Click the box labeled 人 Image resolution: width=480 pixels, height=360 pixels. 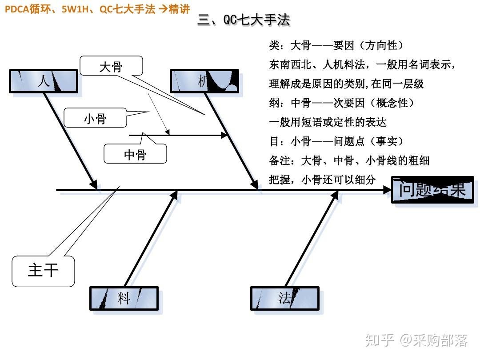pyautogui.click(x=44, y=81)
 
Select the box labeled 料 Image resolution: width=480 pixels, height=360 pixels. pyautogui.click(x=124, y=298)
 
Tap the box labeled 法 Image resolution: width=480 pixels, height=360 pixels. pyautogui.click(x=285, y=298)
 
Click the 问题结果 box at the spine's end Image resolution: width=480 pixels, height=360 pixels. pyautogui.click(x=432, y=190)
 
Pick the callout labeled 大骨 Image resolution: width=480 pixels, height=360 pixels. pyautogui.click(x=111, y=67)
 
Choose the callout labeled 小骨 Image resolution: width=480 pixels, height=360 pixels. pyautogui.click(x=95, y=119)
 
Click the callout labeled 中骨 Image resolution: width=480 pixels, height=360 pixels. pyautogui.click(x=135, y=154)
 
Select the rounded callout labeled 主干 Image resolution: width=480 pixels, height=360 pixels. pyautogui.click(x=43, y=270)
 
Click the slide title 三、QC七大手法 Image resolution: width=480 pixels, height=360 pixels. pyautogui.click(x=244, y=20)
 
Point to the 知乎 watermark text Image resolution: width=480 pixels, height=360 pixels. pyautogui.click(x=380, y=340)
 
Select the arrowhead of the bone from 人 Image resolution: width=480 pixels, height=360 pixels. pyautogui.click(x=94, y=184)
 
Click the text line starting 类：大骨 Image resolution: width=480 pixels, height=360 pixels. pyautogui.click(x=336, y=45)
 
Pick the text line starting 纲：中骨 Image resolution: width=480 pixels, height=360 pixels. pyautogui.click(x=342, y=103)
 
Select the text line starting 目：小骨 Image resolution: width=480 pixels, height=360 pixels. pyautogui.click(x=337, y=141)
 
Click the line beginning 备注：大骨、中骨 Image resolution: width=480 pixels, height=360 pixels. pyautogui.click(x=349, y=160)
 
